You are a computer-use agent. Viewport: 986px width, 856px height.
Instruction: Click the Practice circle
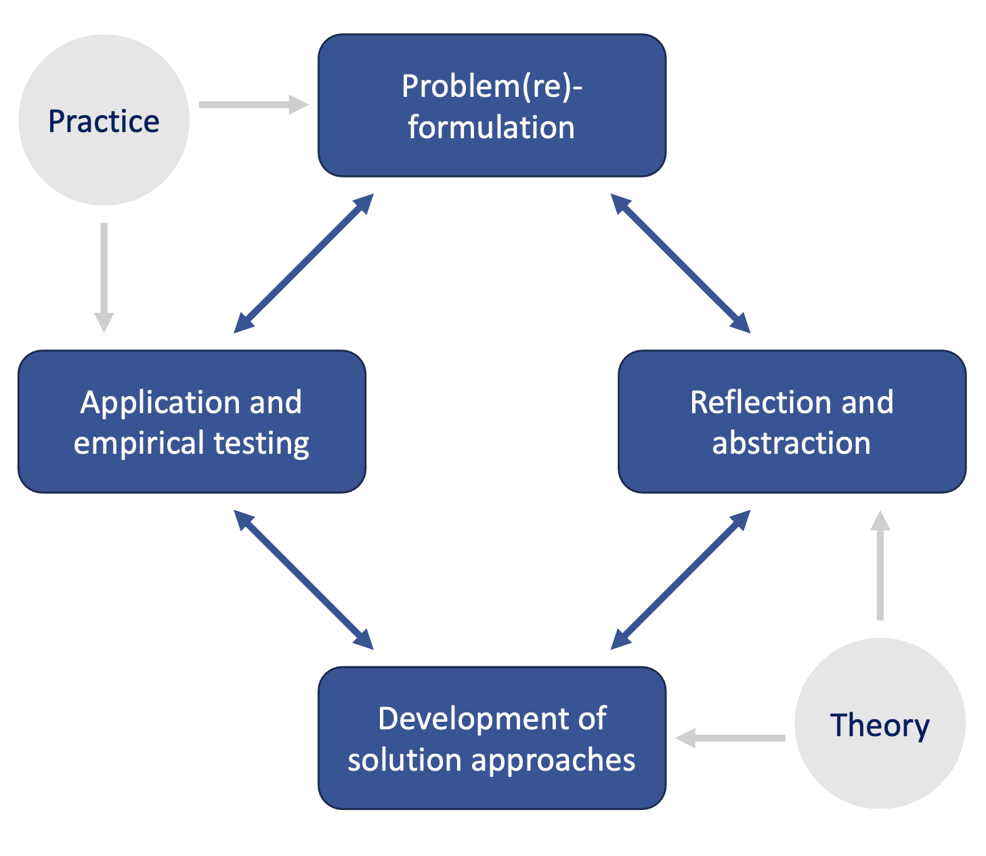click(104, 120)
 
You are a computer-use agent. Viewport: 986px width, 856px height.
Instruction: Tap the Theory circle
click(880, 723)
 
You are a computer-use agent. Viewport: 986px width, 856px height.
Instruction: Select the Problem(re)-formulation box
click(492, 105)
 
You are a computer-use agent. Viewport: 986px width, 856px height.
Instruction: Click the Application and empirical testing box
click(192, 421)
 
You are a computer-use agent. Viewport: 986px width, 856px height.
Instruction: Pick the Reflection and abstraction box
click(792, 421)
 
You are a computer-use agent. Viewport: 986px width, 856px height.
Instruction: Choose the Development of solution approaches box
click(492, 738)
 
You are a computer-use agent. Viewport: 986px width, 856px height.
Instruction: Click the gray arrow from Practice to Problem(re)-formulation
click(253, 104)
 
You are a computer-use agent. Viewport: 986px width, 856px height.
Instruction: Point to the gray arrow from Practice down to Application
click(104, 278)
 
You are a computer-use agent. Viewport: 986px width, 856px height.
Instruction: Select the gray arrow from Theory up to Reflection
click(880, 565)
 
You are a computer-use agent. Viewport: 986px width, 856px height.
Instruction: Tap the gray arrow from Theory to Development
click(730, 738)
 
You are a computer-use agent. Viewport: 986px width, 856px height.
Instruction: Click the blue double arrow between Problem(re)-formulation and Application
click(303, 263)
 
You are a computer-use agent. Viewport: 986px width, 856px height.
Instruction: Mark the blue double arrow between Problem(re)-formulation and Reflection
click(681, 263)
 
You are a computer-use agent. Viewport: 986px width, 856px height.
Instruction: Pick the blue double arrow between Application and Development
click(303, 580)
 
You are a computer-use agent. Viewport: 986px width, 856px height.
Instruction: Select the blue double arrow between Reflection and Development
click(681, 580)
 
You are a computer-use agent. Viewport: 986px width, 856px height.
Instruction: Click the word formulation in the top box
click(491, 127)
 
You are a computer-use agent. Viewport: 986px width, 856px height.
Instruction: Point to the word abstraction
click(792, 442)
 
